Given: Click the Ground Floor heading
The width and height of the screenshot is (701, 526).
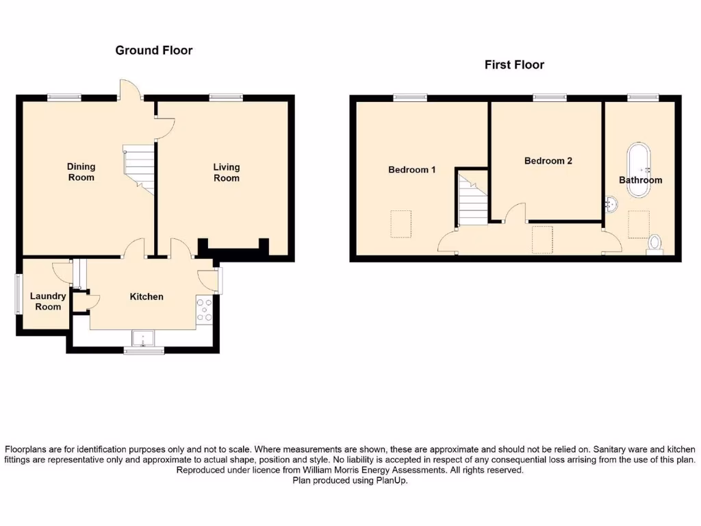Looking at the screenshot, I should (x=153, y=50).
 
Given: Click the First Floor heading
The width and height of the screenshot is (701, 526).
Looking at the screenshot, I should (x=513, y=65).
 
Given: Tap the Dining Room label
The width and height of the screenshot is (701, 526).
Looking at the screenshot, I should (x=81, y=172).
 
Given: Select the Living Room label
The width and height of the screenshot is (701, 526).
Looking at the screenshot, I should (x=226, y=173).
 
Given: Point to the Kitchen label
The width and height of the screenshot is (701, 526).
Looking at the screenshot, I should (x=146, y=297).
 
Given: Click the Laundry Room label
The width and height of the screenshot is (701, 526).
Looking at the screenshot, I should (x=48, y=301).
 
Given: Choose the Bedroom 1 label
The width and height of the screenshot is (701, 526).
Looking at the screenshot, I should (x=411, y=170).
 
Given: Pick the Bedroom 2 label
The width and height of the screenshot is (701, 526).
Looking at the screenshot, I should (x=548, y=161).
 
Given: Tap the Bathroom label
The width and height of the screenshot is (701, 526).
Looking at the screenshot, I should (x=640, y=180).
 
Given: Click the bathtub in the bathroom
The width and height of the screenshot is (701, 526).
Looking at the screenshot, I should (x=639, y=169).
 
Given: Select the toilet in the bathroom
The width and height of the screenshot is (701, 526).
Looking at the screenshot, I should (x=654, y=244).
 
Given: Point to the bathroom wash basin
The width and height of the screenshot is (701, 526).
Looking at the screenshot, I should (x=611, y=203).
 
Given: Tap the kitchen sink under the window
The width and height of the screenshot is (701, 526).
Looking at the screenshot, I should (x=144, y=337).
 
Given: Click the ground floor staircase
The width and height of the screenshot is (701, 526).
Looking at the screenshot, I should (x=139, y=168).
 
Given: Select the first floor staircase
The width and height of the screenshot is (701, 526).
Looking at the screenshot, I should (x=472, y=200).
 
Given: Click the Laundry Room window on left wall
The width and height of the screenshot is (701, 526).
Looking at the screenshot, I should (x=18, y=295).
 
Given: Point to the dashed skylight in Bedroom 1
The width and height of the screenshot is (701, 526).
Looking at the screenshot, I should (x=402, y=224).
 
